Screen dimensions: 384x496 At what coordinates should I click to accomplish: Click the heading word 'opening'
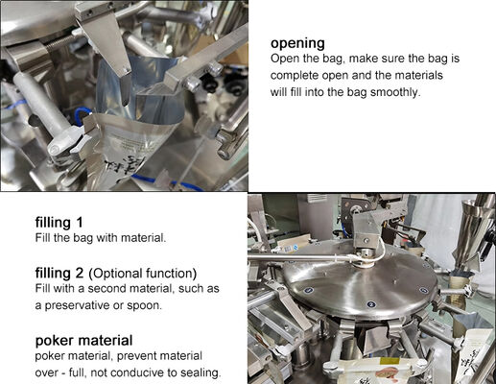pyautogui.click(x=297, y=43)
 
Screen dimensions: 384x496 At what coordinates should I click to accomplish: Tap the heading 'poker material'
pyautogui.click(x=83, y=340)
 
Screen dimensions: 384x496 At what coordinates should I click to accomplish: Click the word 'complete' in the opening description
pyautogui.click(x=295, y=76)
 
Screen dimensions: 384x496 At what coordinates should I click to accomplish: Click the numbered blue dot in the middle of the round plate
pyautogui.click(x=371, y=304)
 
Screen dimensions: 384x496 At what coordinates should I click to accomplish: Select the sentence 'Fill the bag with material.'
pyautogui.click(x=101, y=238)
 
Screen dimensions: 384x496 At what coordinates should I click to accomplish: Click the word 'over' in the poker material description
pyautogui.click(x=50, y=372)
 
